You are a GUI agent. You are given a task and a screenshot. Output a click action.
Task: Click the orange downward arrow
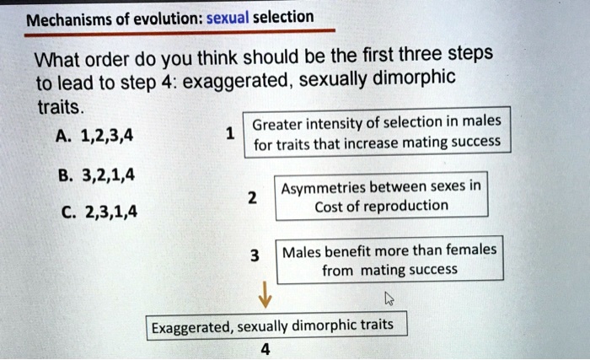pyautogui.click(x=264, y=295)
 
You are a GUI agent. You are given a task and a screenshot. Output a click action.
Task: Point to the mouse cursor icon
pyautogui.click(x=389, y=298)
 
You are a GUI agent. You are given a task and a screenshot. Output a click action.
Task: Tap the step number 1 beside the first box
pyautogui.click(x=230, y=133)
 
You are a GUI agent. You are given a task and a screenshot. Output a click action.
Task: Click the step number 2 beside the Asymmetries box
pyautogui.click(x=251, y=197)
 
